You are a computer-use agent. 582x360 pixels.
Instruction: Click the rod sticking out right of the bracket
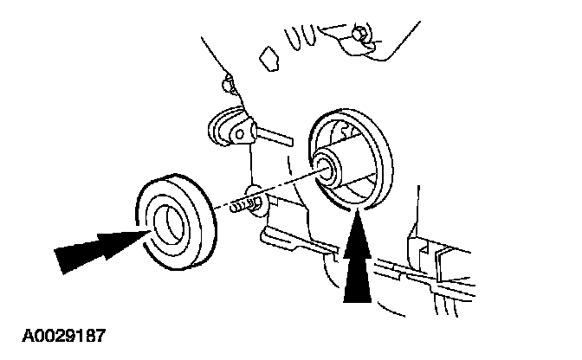point(275,135)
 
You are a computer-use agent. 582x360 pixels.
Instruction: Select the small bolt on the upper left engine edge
point(228,84)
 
